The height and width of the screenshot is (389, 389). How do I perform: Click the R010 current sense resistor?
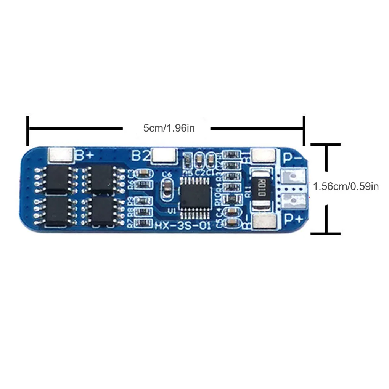point(261,188)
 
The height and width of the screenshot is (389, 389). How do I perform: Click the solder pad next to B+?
point(61,154)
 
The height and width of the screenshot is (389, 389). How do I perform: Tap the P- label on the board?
point(292,157)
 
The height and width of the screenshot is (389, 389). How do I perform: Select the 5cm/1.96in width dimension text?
point(169,128)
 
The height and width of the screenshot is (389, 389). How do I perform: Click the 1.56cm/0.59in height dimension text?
point(346,186)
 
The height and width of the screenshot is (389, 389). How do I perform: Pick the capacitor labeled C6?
point(167,189)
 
